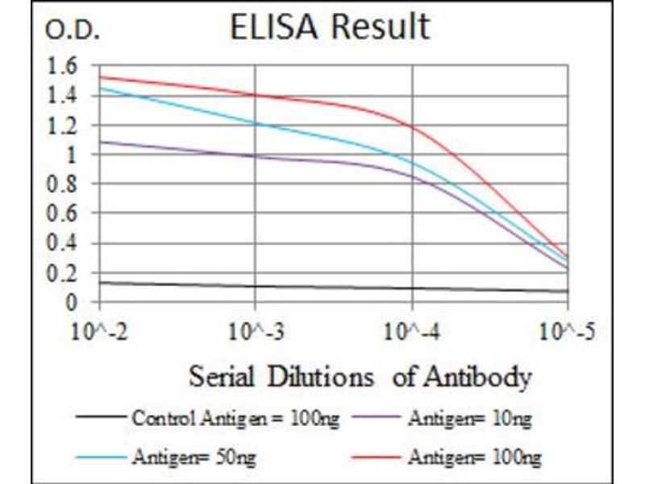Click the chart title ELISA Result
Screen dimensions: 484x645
click(x=329, y=27)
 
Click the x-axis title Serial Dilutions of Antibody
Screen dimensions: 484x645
click(x=360, y=377)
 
